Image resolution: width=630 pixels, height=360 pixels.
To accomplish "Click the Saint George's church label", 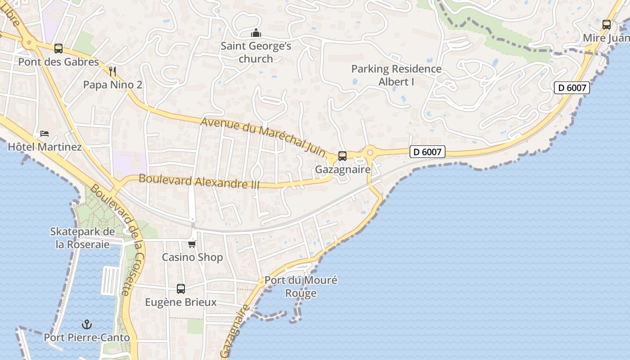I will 256,52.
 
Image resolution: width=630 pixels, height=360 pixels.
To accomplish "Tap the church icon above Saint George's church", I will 256,33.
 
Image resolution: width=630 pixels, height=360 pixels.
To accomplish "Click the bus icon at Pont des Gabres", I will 58,48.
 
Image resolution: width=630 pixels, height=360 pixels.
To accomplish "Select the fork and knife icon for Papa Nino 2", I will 112,71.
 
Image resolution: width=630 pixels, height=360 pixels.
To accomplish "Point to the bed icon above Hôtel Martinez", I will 44,133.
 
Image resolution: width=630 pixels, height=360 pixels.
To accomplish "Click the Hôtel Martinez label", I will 45,147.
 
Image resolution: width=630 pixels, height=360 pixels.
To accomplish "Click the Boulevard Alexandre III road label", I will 199,181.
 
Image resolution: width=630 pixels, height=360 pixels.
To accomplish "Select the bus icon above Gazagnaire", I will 342,156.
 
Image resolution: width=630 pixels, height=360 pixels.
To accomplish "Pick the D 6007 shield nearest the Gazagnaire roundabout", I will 427,152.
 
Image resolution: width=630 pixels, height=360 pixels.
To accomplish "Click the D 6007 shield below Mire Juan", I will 571,88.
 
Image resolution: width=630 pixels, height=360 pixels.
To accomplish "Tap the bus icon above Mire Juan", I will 607,25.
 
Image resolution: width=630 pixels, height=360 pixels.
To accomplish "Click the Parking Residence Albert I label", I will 396,75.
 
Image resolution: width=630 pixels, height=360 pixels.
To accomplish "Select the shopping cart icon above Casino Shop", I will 192,244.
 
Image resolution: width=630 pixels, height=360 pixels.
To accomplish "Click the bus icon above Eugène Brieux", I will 181,288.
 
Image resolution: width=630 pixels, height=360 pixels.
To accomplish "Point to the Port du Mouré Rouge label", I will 301,287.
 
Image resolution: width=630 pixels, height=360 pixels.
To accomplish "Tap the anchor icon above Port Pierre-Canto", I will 86,324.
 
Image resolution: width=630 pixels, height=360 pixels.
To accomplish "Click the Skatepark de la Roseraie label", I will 82,238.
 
